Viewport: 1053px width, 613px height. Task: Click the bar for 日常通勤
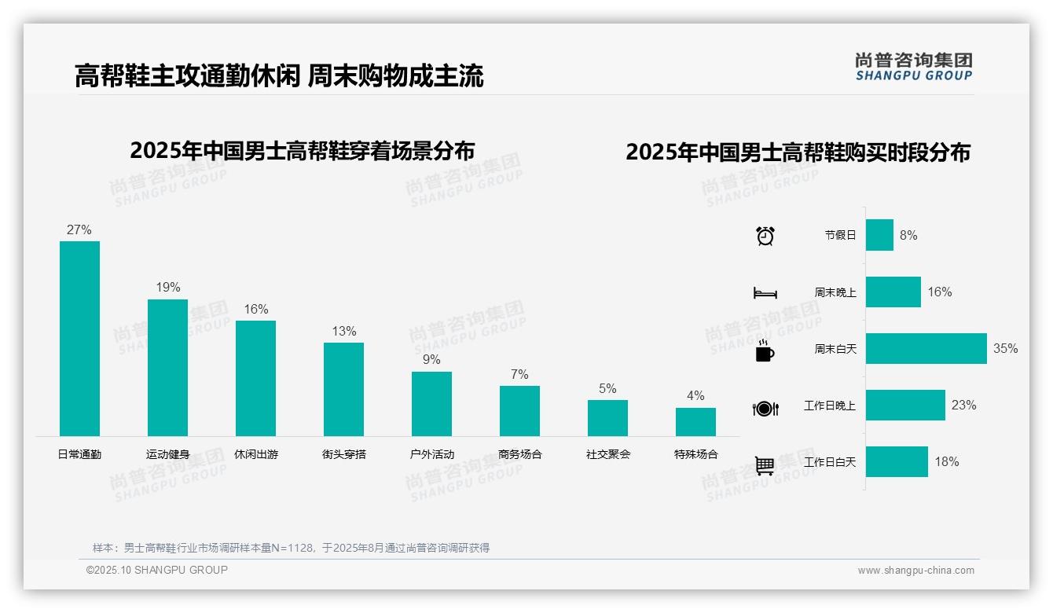click(x=79, y=338)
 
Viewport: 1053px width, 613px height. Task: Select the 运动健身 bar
click(x=167, y=367)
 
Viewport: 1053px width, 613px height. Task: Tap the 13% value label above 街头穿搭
click(x=344, y=331)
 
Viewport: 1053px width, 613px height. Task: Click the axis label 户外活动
click(x=431, y=454)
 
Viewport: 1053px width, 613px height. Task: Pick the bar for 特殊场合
click(x=695, y=422)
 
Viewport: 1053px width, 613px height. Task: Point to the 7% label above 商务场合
click(x=519, y=374)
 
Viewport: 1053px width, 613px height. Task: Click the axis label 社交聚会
click(x=607, y=454)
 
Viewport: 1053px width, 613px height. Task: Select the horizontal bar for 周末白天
click(x=926, y=348)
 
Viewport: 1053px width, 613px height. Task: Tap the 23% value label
click(x=963, y=405)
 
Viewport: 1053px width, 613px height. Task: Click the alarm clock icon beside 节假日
click(x=765, y=235)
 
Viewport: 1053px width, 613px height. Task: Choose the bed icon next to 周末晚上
click(x=765, y=292)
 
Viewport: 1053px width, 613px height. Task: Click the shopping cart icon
click(x=765, y=465)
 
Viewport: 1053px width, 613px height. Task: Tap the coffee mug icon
click(x=765, y=351)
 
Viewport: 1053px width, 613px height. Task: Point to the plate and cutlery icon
click(x=765, y=408)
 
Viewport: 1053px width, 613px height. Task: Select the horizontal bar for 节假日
click(x=879, y=235)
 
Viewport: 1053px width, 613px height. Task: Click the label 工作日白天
click(x=829, y=462)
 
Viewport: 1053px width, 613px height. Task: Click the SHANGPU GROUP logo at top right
click(x=913, y=66)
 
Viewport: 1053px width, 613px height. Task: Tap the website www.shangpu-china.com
click(x=915, y=571)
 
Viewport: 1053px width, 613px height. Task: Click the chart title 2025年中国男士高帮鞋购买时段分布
click(x=798, y=152)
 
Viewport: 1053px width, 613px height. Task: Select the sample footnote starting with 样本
click(x=291, y=548)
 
